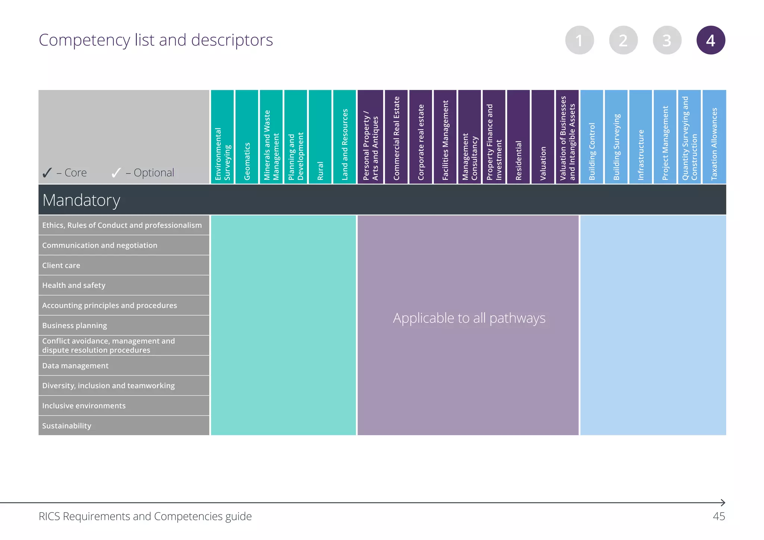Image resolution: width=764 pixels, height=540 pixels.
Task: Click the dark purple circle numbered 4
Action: coord(711,40)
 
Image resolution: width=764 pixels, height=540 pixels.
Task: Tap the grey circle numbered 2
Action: coord(623,40)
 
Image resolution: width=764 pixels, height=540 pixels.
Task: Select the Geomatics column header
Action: coord(247,137)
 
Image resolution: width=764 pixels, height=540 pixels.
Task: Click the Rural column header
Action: coord(320,137)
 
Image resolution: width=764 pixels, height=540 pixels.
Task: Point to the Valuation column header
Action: coord(543,137)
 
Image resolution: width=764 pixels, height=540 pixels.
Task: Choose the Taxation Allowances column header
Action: coord(714,137)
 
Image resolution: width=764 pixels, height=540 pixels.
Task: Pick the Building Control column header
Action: coord(592,137)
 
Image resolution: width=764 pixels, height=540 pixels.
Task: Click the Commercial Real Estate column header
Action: coord(396,137)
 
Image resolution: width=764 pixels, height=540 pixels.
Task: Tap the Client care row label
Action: coord(61,266)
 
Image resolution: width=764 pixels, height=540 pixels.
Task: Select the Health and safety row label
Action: coord(74,285)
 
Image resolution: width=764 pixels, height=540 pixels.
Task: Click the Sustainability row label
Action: coord(67,426)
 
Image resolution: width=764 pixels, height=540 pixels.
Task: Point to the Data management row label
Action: coord(75,366)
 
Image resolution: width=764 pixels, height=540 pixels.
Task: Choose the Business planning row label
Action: coord(75,326)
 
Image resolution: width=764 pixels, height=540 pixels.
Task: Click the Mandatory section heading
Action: coord(81,200)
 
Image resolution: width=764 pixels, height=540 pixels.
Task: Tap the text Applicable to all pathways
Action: coord(469,318)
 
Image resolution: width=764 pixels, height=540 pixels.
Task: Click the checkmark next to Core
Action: coord(47,173)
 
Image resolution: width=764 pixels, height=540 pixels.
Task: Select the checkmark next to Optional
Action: coord(116,173)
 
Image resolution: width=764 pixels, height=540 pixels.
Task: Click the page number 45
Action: coord(718,517)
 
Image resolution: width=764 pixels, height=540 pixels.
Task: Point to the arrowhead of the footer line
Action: coord(723,503)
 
